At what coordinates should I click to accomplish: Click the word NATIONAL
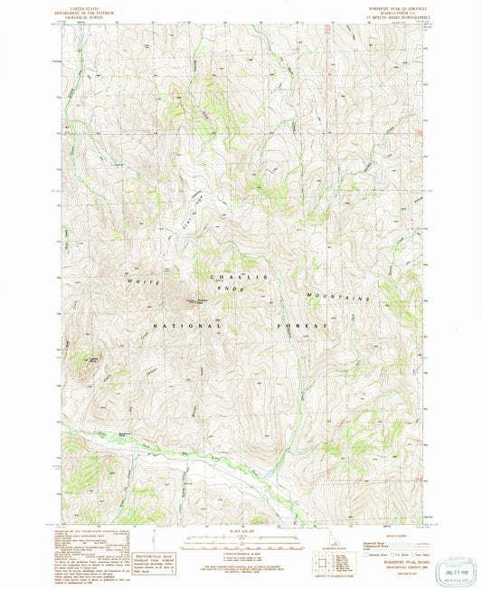point(186,324)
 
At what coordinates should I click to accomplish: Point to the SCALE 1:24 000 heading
point(241,530)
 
